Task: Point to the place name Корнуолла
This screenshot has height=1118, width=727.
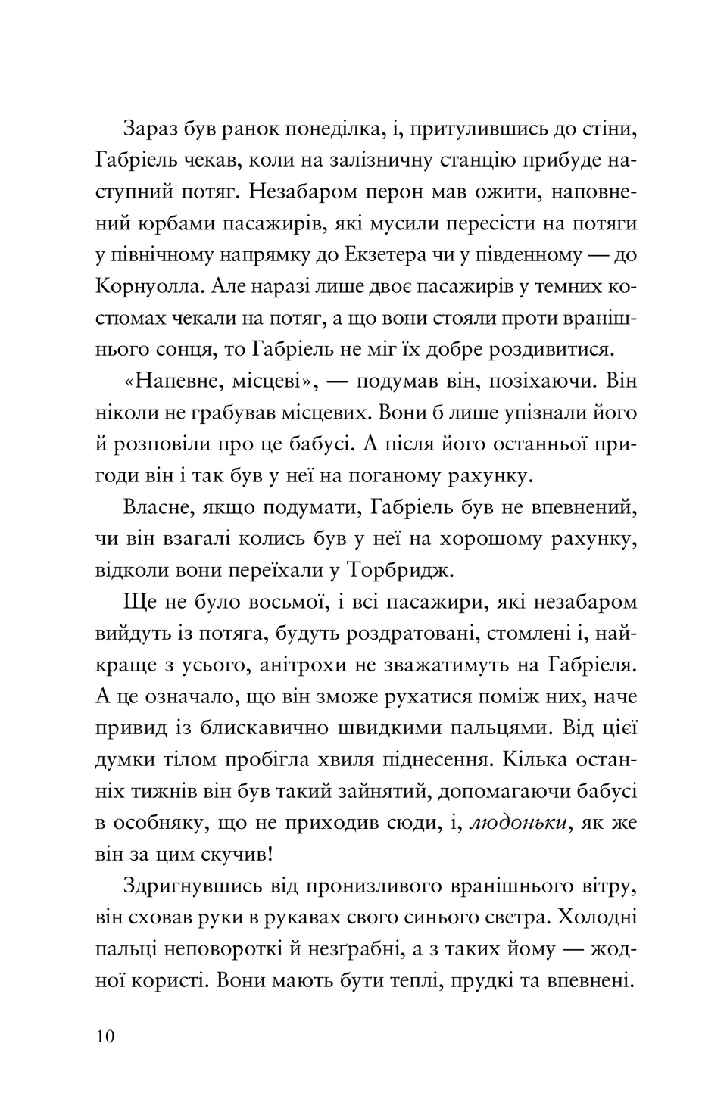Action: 148,287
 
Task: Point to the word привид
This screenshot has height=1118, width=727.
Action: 129,728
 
